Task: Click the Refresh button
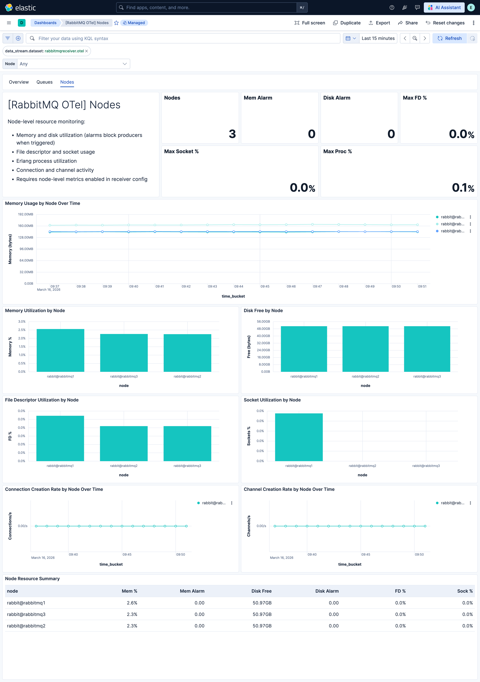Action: [449, 38]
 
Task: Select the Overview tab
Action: [19, 82]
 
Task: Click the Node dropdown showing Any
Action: [73, 64]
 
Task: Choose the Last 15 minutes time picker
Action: [378, 38]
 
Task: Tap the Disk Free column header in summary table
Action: [261, 591]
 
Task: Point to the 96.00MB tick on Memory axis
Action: [26, 249]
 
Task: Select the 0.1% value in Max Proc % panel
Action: [463, 188]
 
